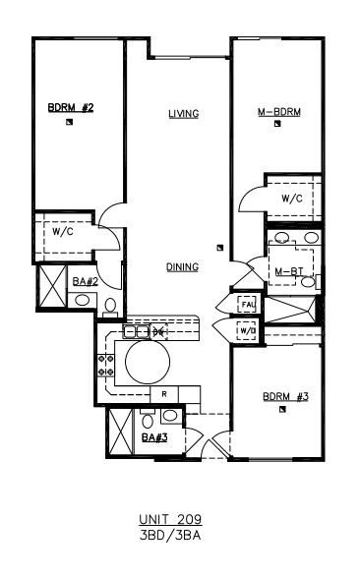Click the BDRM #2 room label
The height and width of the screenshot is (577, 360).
pos(71,108)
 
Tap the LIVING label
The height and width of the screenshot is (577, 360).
pos(184,114)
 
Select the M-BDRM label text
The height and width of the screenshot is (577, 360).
pos(279,112)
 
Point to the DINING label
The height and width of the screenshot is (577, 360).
pos(183,266)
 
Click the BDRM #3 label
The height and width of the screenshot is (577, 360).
pos(285,397)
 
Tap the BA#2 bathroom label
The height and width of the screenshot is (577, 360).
pos(86,281)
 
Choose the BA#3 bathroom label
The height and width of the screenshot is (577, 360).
pos(154,437)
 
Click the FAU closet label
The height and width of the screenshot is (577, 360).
pos(249,305)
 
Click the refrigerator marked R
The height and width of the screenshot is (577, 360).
pos(164,394)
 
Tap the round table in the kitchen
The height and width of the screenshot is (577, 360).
pos(148,362)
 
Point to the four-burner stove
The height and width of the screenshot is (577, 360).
pos(105,365)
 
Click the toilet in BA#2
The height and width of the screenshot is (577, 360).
pos(110,308)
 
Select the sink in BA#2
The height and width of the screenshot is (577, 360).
pos(82,300)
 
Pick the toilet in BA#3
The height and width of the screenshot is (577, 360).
pos(148,420)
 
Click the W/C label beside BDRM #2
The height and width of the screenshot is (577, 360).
pos(63,232)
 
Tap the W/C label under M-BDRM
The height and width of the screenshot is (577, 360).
pos(292,199)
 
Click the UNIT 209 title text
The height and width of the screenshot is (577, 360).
pos(170,519)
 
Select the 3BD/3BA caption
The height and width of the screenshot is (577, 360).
pos(170,535)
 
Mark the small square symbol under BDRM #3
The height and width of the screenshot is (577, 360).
pos(282,409)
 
